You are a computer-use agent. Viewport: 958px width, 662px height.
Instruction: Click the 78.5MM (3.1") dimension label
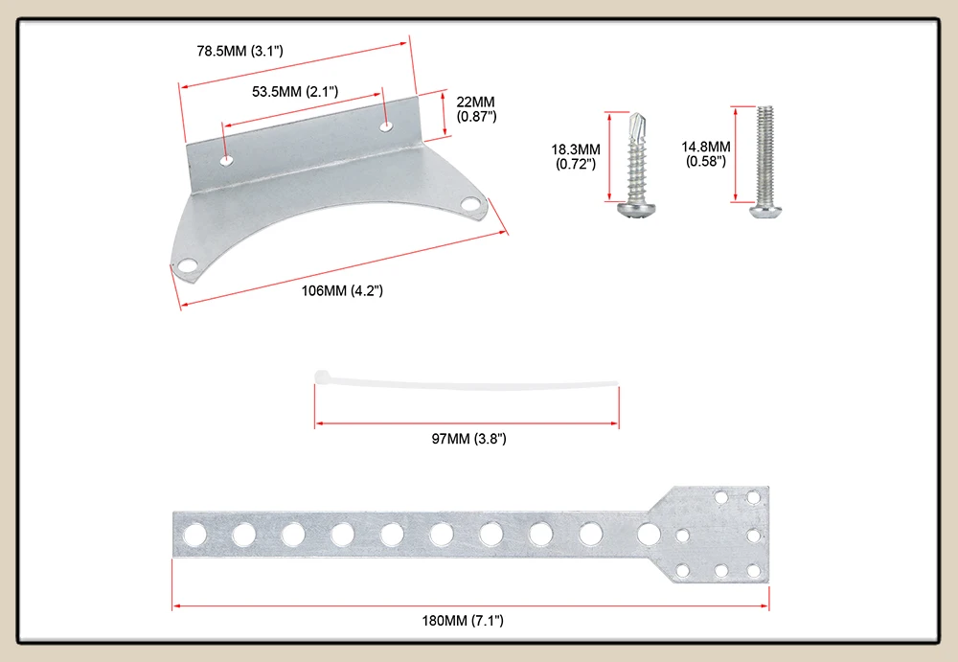[240, 51]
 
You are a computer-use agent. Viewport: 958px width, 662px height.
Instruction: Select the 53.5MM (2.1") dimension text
[295, 92]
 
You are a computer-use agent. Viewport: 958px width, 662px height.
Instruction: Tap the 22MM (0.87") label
[476, 109]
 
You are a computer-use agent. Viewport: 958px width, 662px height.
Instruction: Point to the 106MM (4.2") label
[342, 290]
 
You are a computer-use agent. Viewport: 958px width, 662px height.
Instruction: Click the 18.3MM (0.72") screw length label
[576, 156]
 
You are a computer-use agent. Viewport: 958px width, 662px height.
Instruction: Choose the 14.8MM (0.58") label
[706, 154]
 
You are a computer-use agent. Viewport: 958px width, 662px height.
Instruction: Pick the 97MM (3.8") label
[469, 438]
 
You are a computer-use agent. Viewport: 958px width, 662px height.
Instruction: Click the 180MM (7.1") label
[463, 621]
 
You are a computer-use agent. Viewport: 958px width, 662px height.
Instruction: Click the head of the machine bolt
[766, 212]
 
